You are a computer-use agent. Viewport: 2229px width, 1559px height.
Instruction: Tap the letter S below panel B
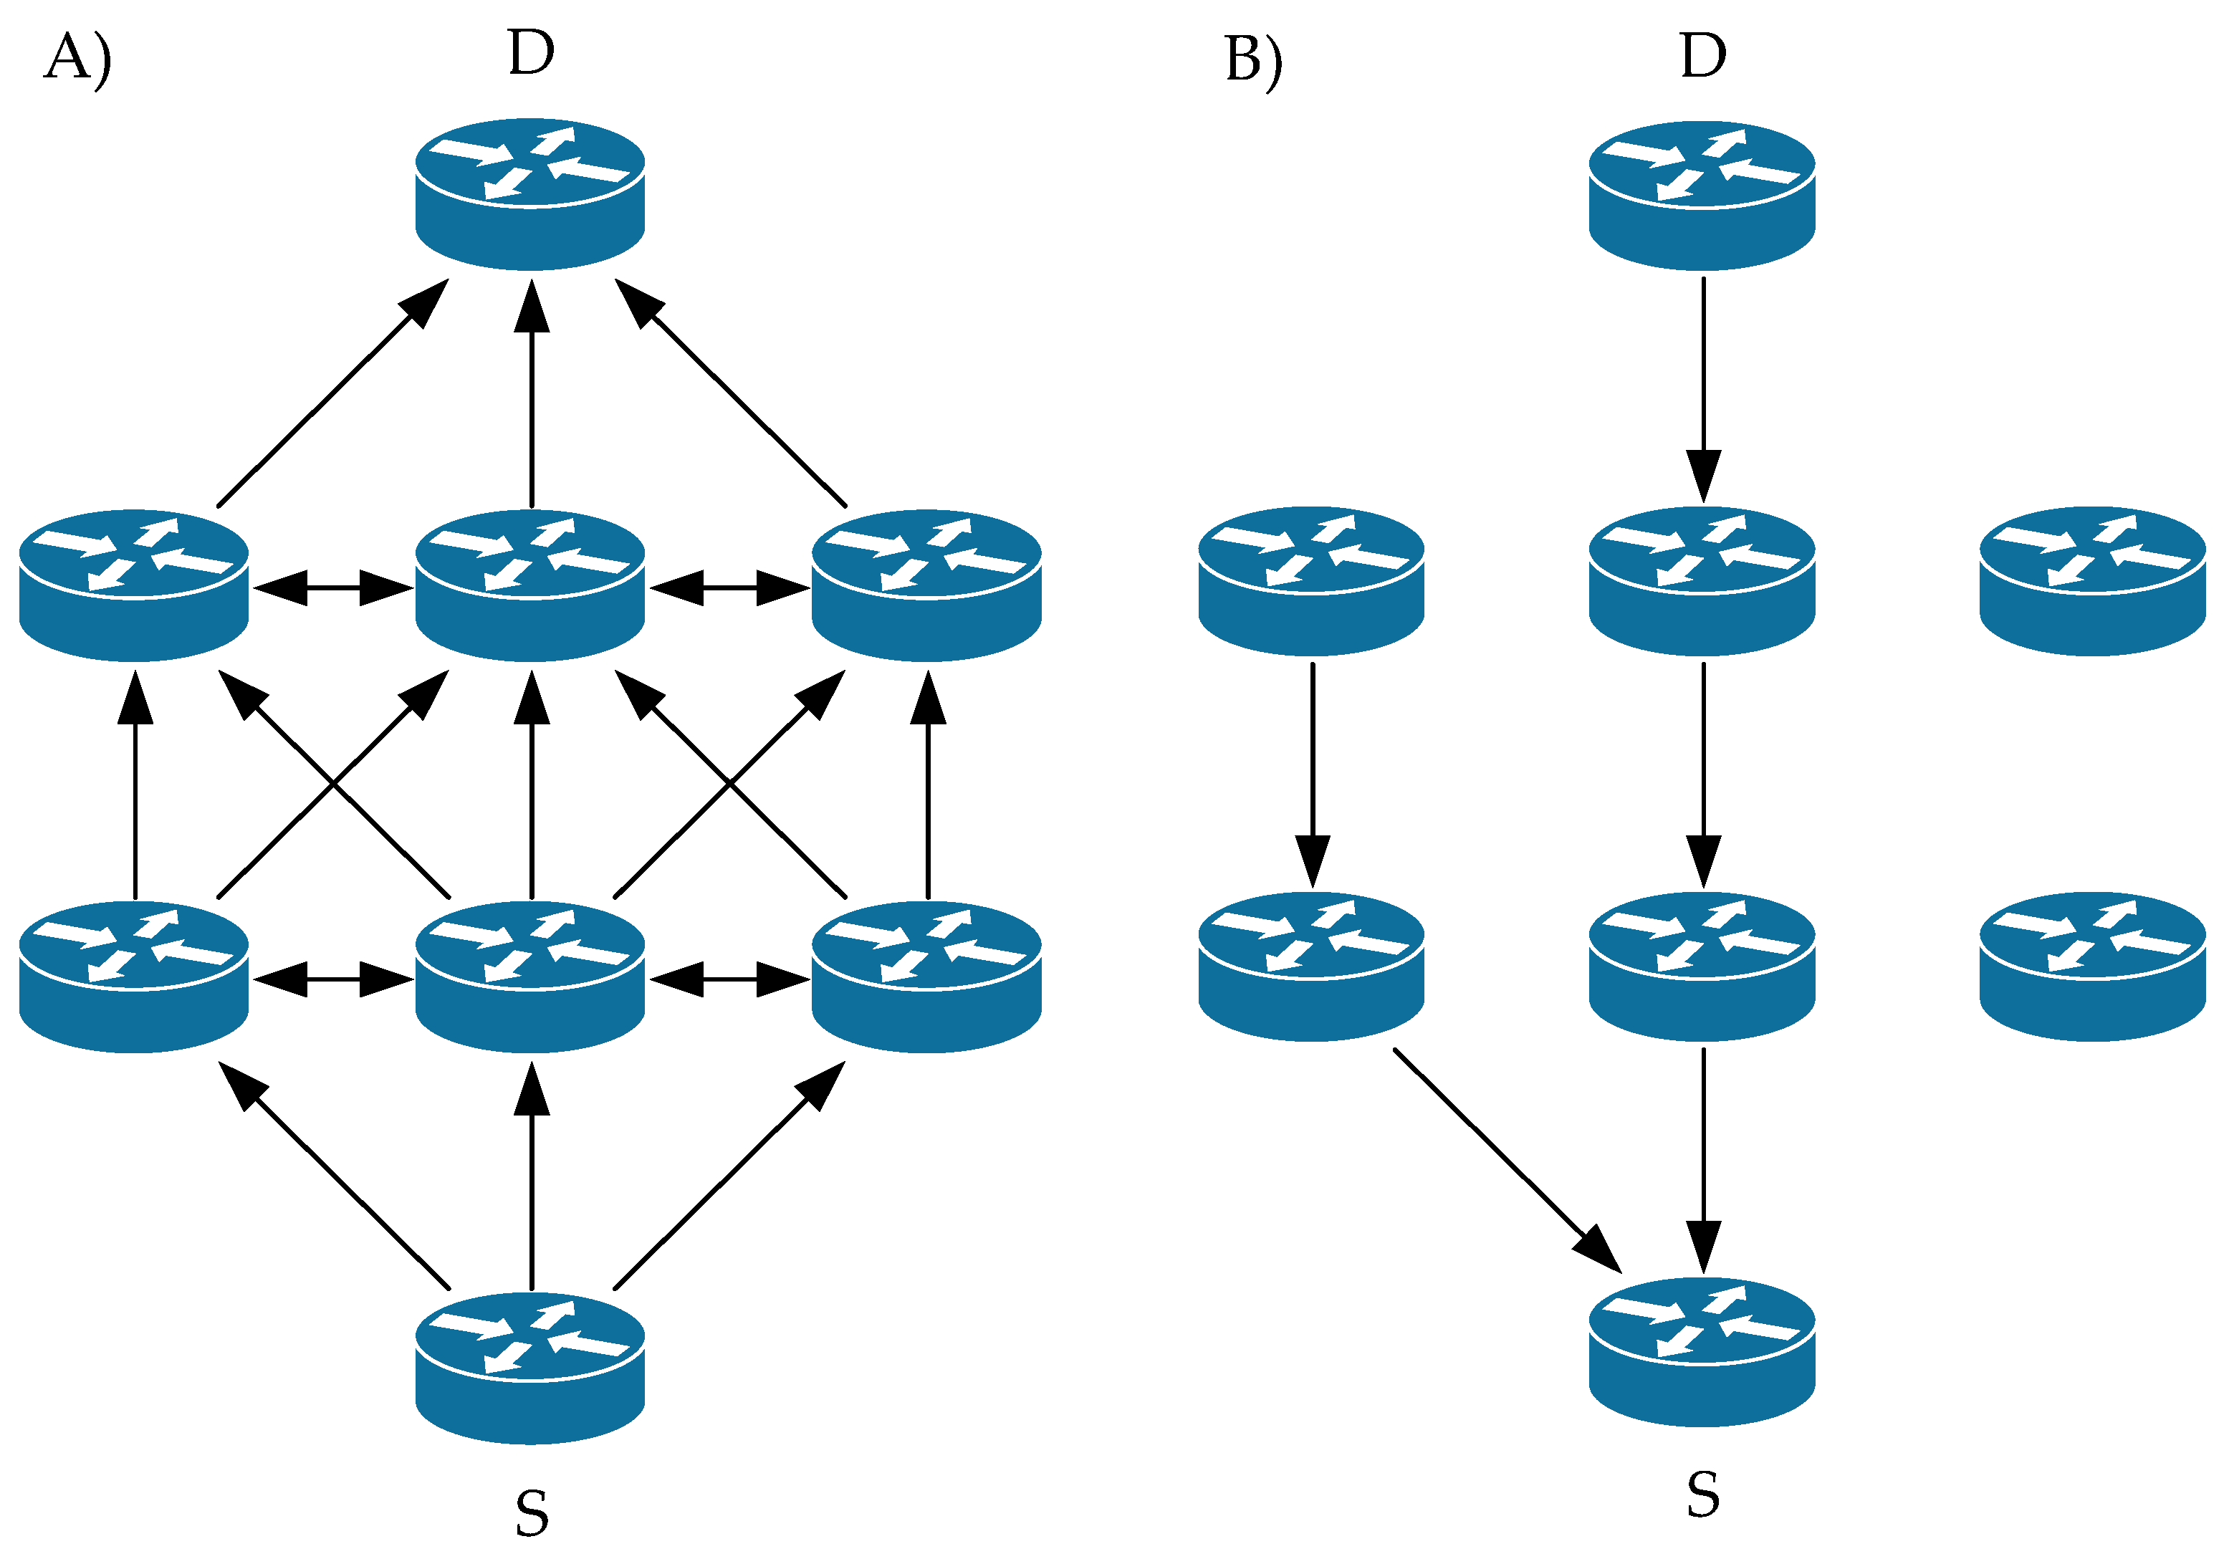[x=1703, y=1495]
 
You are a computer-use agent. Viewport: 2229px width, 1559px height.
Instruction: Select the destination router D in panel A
[x=530, y=194]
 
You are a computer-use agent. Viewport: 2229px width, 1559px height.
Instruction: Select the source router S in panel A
[x=530, y=1368]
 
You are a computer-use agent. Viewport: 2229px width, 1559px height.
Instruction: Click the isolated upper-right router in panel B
[x=2093, y=580]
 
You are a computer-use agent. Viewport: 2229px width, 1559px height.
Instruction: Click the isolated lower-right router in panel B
[x=2093, y=966]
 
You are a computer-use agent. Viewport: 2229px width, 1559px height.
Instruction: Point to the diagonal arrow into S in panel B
[x=1507, y=1160]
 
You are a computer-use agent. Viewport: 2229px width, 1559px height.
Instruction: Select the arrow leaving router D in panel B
[x=1703, y=390]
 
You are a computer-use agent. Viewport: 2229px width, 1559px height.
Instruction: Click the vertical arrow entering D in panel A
[x=531, y=393]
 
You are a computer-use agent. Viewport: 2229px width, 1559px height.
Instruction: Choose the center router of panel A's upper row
[x=530, y=585]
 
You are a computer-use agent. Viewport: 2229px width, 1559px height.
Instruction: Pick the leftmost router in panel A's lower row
[x=134, y=977]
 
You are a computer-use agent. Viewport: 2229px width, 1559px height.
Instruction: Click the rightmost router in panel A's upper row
[x=926, y=585]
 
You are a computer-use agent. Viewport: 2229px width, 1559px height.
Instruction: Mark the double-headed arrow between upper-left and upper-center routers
[x=333, y=588]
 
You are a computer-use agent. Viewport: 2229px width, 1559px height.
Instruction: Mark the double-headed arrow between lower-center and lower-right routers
[x=729, y=979]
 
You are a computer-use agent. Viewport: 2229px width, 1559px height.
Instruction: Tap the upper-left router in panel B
[x=1312, y=580]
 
